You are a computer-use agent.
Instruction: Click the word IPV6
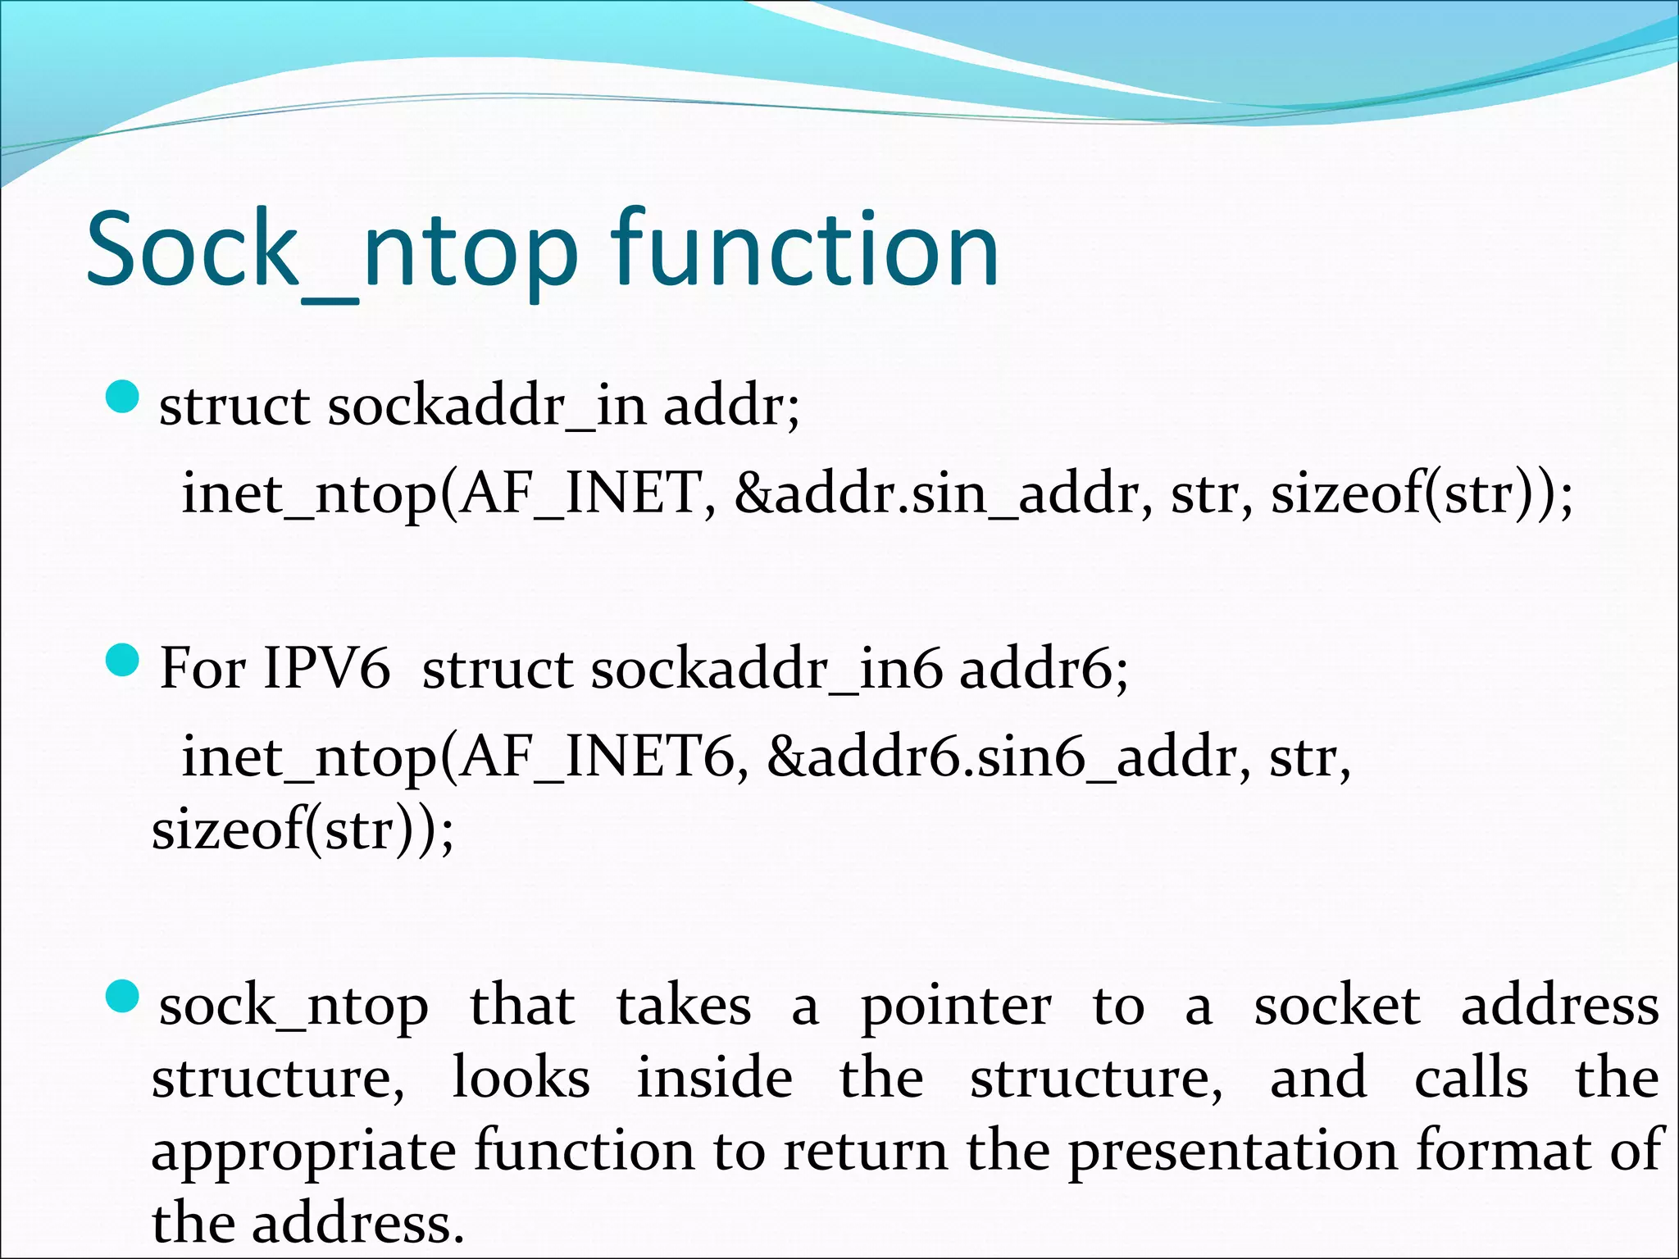[326, 669]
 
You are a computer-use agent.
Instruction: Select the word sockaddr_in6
[767, 670]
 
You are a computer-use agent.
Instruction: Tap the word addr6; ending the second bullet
[1044, 670]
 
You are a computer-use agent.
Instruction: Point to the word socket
[1336, 1007]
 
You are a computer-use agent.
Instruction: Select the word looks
[521, 1079]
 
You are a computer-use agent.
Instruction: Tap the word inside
[715, 1079]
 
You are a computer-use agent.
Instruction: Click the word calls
[1471, 1079]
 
